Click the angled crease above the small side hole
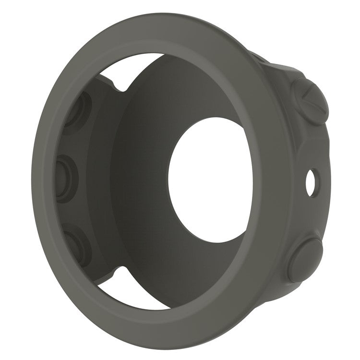(307, 144)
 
